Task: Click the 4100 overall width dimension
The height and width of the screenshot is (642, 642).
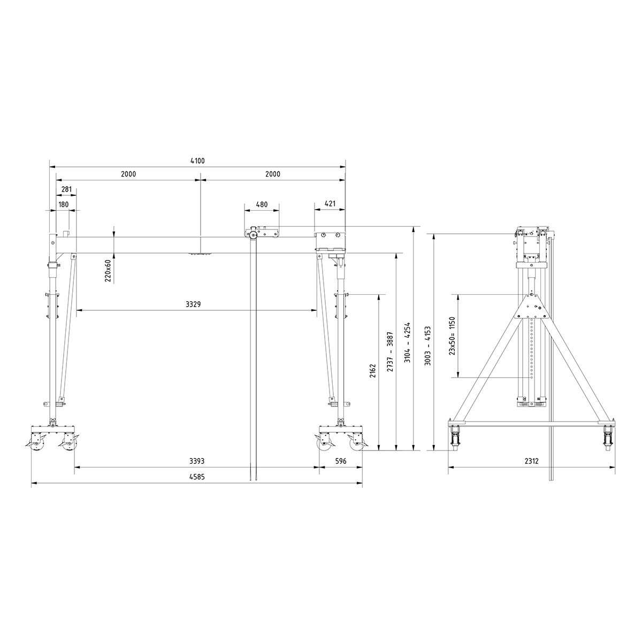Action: [197, 160]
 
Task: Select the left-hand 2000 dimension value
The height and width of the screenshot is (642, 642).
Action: [128, 174]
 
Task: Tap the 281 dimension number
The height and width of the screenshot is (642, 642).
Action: [67, 189]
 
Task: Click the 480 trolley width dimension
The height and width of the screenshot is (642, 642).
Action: [262, 204]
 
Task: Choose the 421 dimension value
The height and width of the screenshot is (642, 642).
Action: [330, 204]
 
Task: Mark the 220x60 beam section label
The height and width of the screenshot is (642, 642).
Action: [108, 270]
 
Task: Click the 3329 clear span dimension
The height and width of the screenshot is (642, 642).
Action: [193, 304]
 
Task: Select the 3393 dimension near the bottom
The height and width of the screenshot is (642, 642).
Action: [197, 461]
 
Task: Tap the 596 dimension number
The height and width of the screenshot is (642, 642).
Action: [341, 461]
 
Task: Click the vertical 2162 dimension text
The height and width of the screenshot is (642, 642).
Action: [373, 370]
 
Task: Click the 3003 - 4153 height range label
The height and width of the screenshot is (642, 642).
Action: [427, 346]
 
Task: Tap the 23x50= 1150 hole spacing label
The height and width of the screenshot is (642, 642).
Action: [452, 336]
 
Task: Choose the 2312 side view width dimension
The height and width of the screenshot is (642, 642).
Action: [531, 461]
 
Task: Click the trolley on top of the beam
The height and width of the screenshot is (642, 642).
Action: [262, 233]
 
